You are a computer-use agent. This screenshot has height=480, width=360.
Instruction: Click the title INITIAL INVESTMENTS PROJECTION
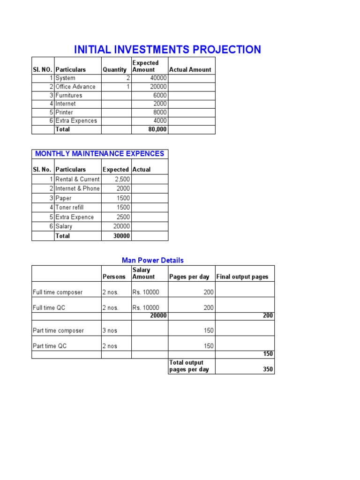coord(167,50)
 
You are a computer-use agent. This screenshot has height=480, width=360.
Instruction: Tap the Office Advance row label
coord(75,87)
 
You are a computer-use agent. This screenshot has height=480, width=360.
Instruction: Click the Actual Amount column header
coord(190,69)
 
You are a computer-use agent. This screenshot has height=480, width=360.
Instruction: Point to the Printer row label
coord(64,112)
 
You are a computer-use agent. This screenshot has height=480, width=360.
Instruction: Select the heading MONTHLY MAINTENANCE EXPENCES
coord(100,154)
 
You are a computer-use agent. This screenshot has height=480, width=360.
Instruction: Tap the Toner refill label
coord(69,207)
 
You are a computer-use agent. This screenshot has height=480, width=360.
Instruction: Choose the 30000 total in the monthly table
coord(121,236)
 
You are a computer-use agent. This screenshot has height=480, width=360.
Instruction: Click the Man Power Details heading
coord(153,260)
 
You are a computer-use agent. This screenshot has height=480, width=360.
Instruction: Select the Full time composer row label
coord(58,292)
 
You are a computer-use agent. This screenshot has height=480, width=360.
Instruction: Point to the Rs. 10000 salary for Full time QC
coord(146,308)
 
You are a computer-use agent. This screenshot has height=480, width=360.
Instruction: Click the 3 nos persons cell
coord(110,330)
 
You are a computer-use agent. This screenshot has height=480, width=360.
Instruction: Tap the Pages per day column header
coord(189,277)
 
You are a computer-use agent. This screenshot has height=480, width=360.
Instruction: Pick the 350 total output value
coord(268,369)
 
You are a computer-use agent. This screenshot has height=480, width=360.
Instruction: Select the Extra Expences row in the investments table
coord(76,121)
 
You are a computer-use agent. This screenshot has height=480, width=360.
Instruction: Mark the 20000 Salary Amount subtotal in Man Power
coord(158,316)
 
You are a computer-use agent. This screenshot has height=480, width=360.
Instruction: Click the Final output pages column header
coord(242,277)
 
